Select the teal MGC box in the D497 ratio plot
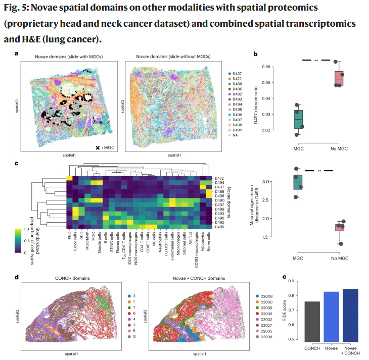coord(299,119)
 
